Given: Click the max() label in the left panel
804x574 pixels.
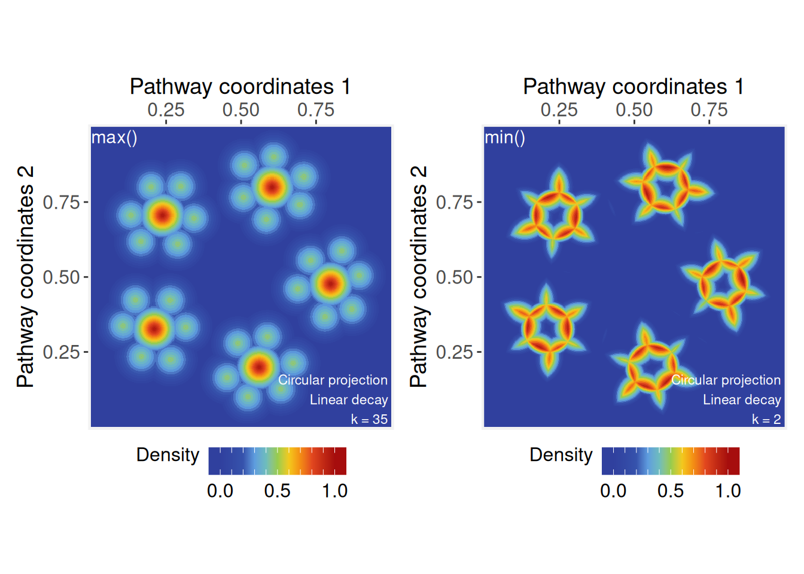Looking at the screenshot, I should tap(114, 138).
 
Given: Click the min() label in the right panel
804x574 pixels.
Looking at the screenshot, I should tap(505, 138).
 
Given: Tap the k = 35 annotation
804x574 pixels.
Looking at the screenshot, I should tap(369, 419).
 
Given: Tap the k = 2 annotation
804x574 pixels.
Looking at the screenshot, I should tap(766, 419).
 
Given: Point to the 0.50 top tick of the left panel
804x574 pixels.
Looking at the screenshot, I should tap(241, 110).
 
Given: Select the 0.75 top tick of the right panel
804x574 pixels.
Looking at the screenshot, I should tap(709, 110).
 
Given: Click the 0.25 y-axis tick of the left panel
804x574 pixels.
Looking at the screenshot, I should tap(62, 352).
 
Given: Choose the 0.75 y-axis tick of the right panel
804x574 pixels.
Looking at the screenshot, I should tap(455, 203).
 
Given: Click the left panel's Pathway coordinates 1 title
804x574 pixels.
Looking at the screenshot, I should tap(240, 87).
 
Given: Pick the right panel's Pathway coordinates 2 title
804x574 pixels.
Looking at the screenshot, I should tap(418, 277).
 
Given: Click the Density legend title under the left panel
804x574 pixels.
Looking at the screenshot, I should tap(167, 455).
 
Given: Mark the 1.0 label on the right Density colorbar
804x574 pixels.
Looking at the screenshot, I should tap(728, 491).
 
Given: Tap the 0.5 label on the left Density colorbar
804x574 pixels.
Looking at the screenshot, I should tap(278, 491).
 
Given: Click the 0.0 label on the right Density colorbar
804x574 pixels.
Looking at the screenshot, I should tap(613, 491).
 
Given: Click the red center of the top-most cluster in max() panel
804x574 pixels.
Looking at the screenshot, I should tap(272, 187).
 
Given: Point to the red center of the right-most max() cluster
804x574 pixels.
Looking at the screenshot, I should tap(330, 283).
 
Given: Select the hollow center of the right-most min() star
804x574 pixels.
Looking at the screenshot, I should tap(724, 283).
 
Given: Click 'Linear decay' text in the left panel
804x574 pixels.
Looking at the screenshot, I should tap(349, 399).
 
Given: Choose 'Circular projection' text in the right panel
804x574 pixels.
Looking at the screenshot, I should tap(726, 380).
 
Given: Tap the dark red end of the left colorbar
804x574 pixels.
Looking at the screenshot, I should tap(340, 461).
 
